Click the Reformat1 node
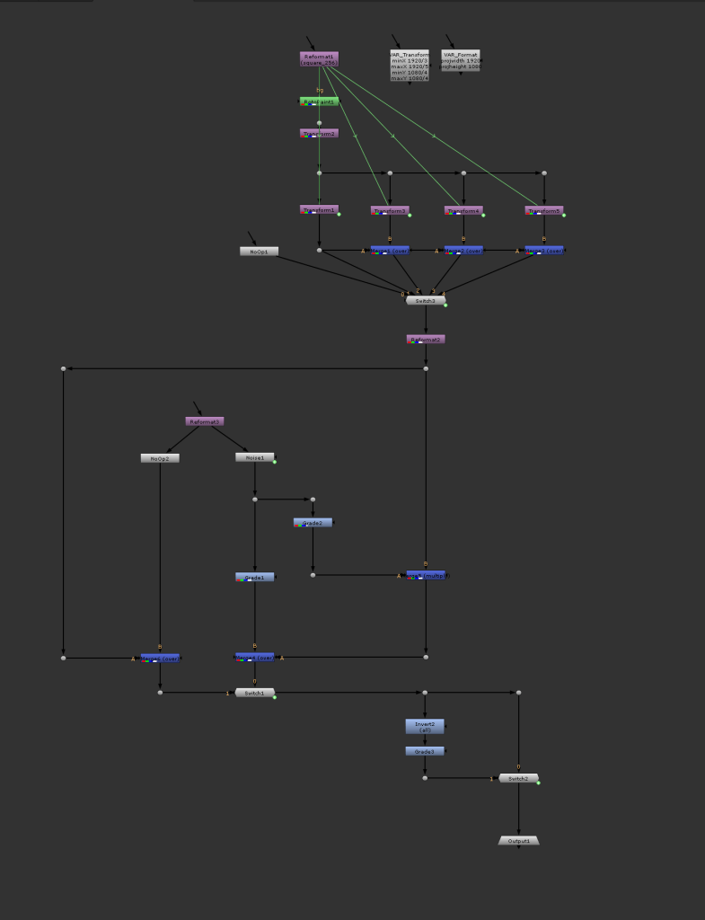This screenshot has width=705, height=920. click(x=319, y=59)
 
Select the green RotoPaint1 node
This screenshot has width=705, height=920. click(x=319, y=102)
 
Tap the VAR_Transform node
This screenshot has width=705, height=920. click(x=410, y=66)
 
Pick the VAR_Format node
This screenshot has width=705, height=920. click(x=461, y=61)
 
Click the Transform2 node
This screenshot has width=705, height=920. click(x=319, y=134)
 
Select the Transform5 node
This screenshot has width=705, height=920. click(x=543, y=211)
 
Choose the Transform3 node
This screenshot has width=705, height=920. click(x=390, y=211)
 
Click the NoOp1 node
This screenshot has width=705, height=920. click(x=259, y=252)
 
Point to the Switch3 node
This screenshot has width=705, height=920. click(x=426, y=301)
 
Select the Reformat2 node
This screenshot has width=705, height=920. click(x=426, y=340)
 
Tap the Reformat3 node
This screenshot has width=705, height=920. click(x=205, y=421)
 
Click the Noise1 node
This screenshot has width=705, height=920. click(x=255, y=458)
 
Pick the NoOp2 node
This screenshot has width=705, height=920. click(x=160, y=458)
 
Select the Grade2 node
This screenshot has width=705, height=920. click(x=313, y=523)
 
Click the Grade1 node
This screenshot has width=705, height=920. click(x=255, y=578)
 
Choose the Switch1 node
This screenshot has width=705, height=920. click(x=255, y=693)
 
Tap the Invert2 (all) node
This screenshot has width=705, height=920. click(x=425, y=727)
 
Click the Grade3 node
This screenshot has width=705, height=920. click(x=425, y=751)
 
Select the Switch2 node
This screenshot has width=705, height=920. click(x=518, y=778)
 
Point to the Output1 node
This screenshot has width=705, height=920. click(x=518, y=841)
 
